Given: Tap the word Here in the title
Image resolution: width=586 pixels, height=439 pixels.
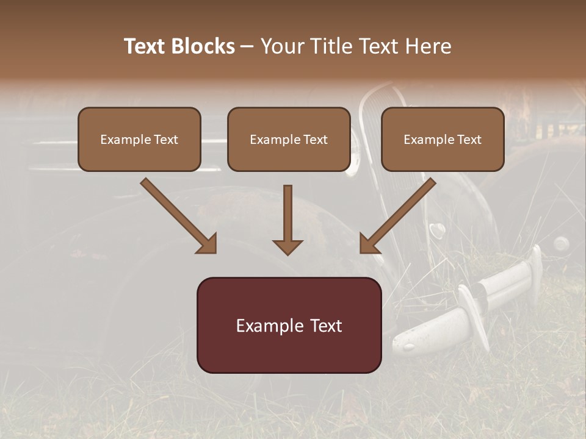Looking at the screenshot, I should click(x=427, y=46).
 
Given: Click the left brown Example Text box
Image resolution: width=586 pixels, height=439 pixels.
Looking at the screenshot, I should click(x=139, y=140).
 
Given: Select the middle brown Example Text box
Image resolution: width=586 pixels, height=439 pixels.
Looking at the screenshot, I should click(x=289, y=140).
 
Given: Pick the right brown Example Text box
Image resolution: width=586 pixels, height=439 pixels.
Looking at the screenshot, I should click(x=443, y=140).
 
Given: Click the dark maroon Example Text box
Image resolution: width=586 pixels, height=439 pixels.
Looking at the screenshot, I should click(x=289, y=325).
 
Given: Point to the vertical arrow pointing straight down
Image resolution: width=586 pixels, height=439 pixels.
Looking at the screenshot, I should click(x=288, y=220).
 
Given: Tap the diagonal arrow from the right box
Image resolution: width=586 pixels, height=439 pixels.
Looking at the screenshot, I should click(x=397, y=216).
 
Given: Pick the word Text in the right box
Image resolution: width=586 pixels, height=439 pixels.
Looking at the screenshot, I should click(x=469, y=140).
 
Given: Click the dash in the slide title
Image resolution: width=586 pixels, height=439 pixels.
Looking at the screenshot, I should click(x=247, y=46).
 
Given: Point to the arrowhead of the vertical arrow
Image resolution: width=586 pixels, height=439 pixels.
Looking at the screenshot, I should click(x=288, y=246).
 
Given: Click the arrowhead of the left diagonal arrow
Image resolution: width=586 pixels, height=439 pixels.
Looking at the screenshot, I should click(x=208, y=244).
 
